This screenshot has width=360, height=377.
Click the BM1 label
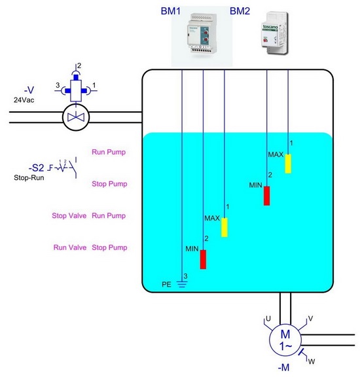[x=170, y=11]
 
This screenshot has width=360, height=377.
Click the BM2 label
[x=240, y=11]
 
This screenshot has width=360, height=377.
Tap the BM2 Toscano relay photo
[x=274, y=33]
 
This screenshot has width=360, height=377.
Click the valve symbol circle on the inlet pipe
[x=76, y=117]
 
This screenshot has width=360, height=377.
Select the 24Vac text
[x=24, y=100]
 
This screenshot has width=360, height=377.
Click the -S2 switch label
[x=36, y=168]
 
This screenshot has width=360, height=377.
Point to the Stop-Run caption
[x=29, y=177]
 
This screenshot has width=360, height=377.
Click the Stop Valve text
[x=69, y=216]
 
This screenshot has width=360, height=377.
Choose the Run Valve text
[x=70, y=247]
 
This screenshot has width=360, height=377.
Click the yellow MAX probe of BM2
[x=288, y=164]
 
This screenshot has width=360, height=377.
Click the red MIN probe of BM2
[x=266, y=196]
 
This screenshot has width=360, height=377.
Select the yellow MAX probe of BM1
[x=225, y=228]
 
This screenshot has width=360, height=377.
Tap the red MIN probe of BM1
[x=203, y=259]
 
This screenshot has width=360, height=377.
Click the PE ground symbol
[x=182, y=285]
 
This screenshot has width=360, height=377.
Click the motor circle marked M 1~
[x=285, y=340]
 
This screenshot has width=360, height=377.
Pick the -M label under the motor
[x=284, y=367]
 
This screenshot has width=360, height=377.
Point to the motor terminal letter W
[x=312, y=361]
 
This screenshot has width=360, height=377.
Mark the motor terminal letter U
[x=268, y=319]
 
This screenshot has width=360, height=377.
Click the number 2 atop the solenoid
[x=79, y=65]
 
